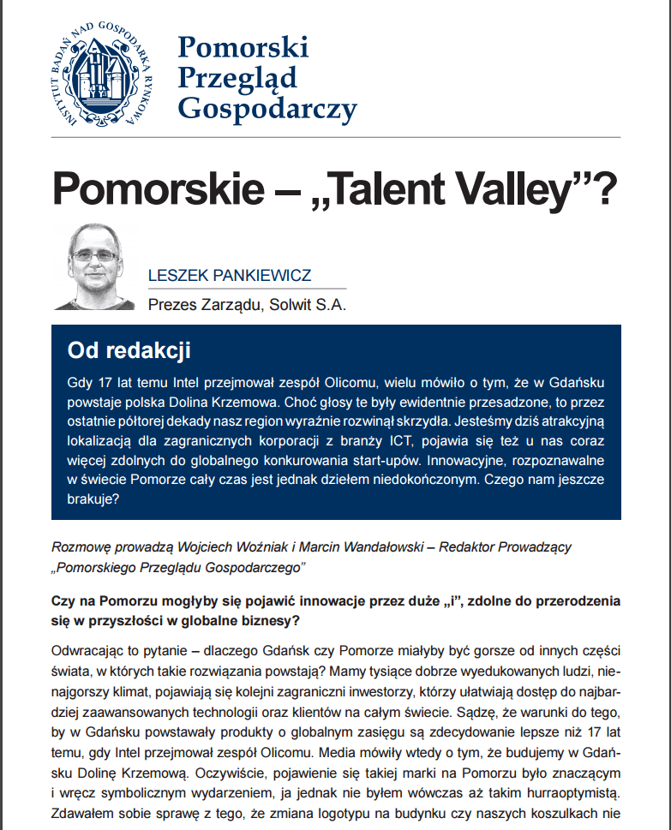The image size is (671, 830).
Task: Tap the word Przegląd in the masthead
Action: coord(237,77)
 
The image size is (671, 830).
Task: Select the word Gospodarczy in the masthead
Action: coord(266,109)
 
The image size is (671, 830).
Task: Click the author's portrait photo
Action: coord(93,266)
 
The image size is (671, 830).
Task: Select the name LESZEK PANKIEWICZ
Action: coord(229,276)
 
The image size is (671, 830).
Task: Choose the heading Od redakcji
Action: coord(129,350)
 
